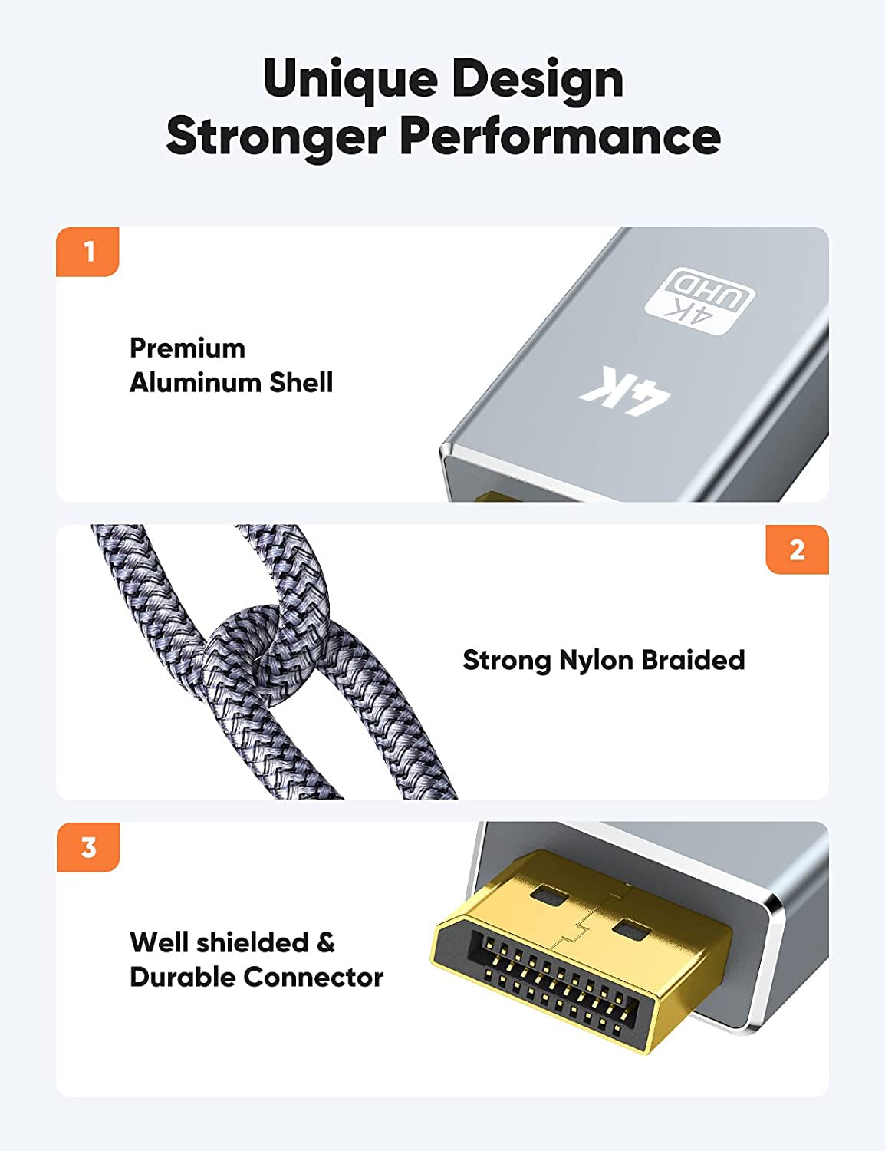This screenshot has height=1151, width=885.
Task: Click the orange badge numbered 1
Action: [x=88, y=252]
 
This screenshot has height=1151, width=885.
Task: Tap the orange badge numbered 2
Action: [x=797, y=550]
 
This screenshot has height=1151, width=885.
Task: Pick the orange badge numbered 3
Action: [x=88, y=847]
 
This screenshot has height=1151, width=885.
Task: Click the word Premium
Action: [x=187, y=348]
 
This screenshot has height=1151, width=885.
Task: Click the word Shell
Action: [x=301, y=382]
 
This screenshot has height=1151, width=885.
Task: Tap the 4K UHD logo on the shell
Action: [x=699, y=302]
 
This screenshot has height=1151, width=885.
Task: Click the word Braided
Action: [x=693, y=660]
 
